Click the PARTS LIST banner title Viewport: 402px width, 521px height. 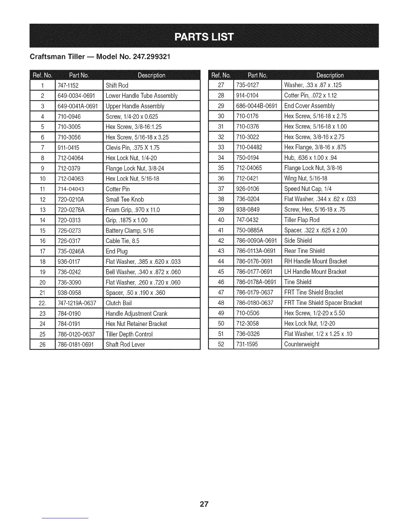pyautogui.click(x=204, y=37)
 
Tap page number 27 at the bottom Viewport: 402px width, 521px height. pyautogui.click(x=204, y=504)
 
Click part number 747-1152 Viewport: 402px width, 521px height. pyautogui.click(x=68, y=86)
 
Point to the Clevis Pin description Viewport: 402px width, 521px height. pyautogui.click(x=132, y=148)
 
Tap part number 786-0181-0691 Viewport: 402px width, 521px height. pyautogui.click(x=76, y=344)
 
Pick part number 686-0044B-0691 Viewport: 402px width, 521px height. pyautogui.click(x=257, y=106)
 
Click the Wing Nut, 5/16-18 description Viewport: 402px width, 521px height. pyautogui.click(x=305, y=178)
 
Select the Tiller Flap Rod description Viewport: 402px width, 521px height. pyautogui.click(x=301, y=220)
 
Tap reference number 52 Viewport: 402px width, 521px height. pyautogui.click(x=221, y=344)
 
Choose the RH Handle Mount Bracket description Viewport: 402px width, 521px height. pyautogui.click(x=315, y=261)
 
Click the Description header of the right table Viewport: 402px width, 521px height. pyautogui.click(x=330, y=75)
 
